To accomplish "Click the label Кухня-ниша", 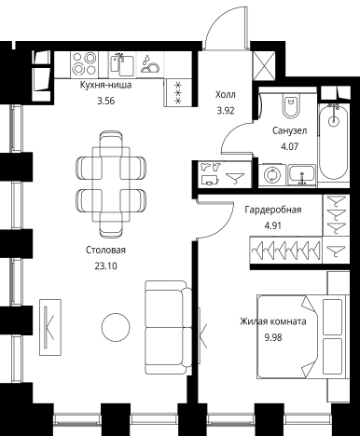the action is (x=105, y=85).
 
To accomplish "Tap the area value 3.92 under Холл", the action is (x=226, y=111).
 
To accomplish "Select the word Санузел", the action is (x=290, y=130).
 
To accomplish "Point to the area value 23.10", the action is (x=105, y=266).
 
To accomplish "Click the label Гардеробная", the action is (x=273, y=210).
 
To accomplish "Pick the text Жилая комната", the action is (x=273, y=321).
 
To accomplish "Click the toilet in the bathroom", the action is (x=291, y=105).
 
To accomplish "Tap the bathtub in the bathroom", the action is (x=334, y=142).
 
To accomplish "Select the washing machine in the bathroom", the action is (x=272, y=175).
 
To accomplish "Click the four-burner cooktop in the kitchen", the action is (x=84, y=64).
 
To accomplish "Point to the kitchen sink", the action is (x=122, y=64).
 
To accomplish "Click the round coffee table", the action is (x=116, y=327).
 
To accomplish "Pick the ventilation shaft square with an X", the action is (x=264, y=65).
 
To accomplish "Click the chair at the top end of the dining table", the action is (x=111, y=141).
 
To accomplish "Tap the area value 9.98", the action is (x=273, y=337).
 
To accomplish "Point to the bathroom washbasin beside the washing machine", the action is (x=302, y=175).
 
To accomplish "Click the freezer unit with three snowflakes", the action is (x=177, y=92).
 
